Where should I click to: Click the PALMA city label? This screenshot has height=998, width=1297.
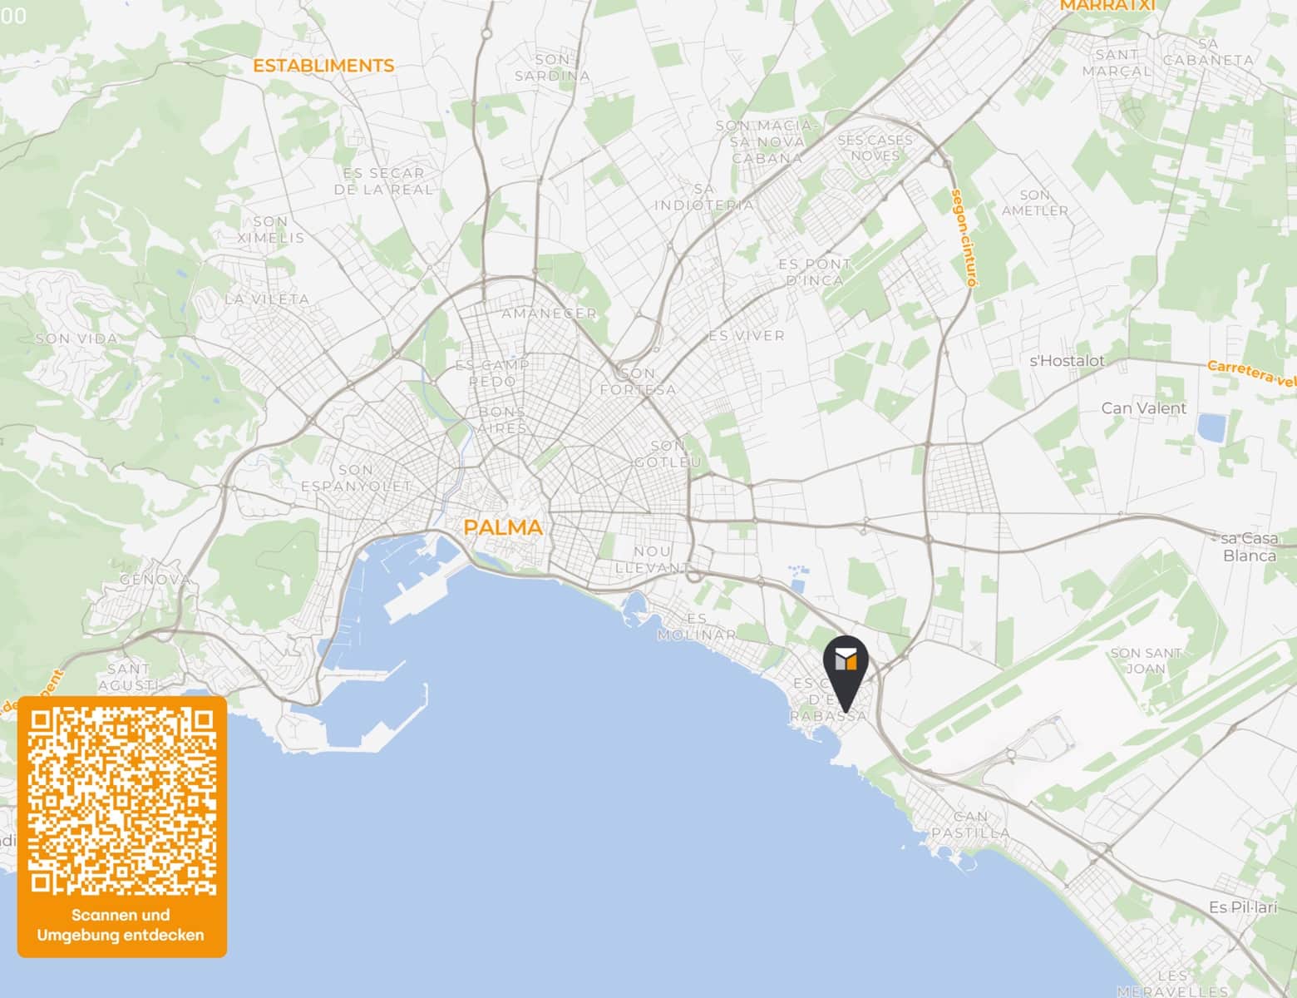[x=502, y=527]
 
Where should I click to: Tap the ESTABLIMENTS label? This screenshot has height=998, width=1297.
[x=323, y=66]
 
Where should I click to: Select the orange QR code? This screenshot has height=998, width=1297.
[x=122, y=801]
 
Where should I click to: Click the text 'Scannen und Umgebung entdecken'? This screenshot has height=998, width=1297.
[x=121, y=925]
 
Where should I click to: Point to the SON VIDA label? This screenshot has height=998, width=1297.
[x=77, y=338]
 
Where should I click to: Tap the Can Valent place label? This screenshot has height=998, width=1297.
[x=1143, y=408]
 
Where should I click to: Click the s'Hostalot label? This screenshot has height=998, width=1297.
[x=1067, y=361]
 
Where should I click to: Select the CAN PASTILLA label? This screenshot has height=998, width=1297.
[x=970, y=824]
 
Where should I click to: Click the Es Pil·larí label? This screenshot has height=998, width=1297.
[x=1243, y=907]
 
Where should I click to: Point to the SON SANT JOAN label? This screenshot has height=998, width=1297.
[x=1146, y=660]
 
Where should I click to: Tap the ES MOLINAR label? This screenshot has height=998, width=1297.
[x=697, y=626]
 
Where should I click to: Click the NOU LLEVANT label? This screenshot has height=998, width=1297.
[x=652, y=559]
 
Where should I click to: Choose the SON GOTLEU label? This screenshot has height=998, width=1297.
[x=668, y=453]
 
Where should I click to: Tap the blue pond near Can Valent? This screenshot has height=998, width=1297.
[x=1211, y=427]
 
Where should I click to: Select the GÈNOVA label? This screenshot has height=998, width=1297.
[x=155, y=579]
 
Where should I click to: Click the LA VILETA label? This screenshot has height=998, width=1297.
[x=267, y=299]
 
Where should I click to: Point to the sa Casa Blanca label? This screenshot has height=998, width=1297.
[x=1249, y=546]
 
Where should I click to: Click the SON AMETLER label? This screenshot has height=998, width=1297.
[x=1034, y=203]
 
